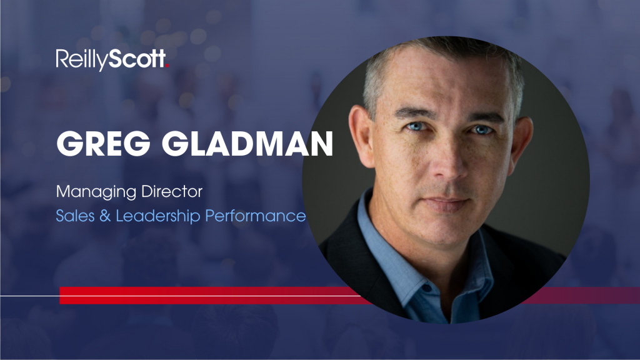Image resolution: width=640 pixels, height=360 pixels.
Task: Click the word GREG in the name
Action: [x=103, y=144]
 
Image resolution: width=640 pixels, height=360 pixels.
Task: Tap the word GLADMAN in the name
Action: [x=247, y=144]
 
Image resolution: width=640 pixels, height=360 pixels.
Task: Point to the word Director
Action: [x=172, y=191]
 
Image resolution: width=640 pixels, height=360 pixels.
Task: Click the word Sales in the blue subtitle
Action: [x=75, y=216]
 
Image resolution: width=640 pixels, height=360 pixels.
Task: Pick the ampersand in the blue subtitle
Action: [x=105, y=216]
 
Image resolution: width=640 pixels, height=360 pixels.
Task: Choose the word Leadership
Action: [x=158, y=216]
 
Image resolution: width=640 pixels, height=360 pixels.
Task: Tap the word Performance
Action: [x=256, y=216]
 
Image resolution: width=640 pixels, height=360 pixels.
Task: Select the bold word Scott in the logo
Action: [x=137, y=59]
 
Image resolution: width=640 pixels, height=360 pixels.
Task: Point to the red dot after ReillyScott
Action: [x=167, y=65]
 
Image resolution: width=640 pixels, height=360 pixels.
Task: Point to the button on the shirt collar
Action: [x=426, y=289]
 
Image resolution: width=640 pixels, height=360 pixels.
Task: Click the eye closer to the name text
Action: [x=415, y=127]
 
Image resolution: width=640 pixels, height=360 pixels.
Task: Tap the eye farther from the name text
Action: [x=482, y=130]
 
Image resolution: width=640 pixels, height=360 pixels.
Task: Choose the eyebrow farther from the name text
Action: [x=485, y=117]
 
